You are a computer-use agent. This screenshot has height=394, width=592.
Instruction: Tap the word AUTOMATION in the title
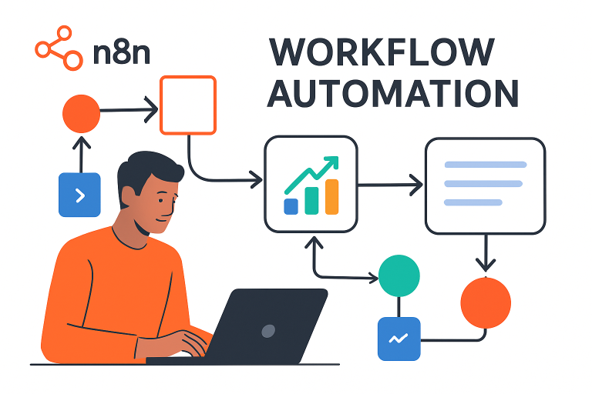click(393, 94)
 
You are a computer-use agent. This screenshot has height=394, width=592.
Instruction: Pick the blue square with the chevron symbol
click(79, 195)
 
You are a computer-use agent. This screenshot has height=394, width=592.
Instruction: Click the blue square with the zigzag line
click(399, 339)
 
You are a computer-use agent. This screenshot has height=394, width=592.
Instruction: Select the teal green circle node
click(399, 275)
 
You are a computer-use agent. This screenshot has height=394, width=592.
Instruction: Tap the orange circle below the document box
click(486, 302)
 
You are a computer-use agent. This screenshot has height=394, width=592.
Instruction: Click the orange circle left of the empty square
click(81, 113)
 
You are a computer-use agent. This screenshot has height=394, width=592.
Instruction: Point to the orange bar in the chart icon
click(332, 197)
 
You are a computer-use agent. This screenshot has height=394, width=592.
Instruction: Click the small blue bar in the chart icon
click(291, 206)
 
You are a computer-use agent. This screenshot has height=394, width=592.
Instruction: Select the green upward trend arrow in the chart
click(311, 176)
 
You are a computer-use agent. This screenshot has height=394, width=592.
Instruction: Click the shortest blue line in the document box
click(473, 202)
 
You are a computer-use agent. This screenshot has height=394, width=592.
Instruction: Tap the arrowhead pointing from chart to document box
click(416, 185)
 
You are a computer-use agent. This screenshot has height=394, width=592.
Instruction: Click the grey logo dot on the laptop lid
click(268, 331)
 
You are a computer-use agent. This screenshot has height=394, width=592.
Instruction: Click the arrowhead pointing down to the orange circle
click(486, 265)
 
